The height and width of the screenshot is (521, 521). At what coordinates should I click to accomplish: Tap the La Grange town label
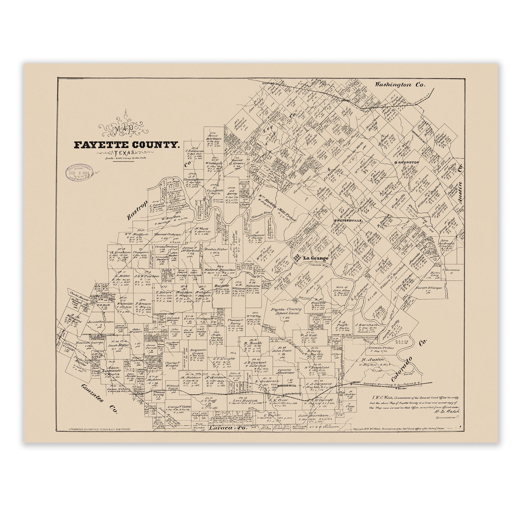tap(315, 258)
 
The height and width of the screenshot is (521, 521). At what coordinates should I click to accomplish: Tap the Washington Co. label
tap(400, 85)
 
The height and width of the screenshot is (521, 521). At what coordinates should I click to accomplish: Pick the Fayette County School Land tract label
tap(285, 312)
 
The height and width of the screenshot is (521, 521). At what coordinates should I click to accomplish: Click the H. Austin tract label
tap(372, 359)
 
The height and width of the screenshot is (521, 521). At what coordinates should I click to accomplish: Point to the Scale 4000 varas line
tap(126, 158)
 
